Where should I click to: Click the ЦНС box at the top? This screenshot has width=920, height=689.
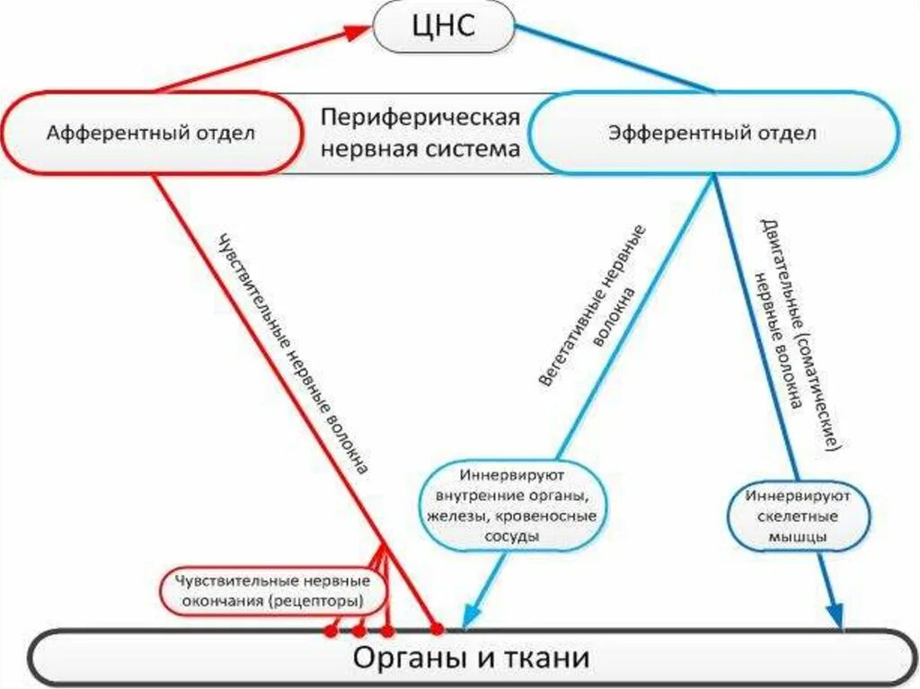(443, 28)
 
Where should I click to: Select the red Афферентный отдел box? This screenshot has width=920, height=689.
(151, 133)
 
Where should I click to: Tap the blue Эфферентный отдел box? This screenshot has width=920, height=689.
(712, 133)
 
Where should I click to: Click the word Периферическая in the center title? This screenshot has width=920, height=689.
(420, 119)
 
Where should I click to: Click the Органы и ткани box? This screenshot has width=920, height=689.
(471, 658)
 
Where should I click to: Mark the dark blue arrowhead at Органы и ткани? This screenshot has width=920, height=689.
(836, 618)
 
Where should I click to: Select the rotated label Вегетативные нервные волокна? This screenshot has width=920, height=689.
(593, 305)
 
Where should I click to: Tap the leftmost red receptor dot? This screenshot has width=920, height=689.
(331, 631)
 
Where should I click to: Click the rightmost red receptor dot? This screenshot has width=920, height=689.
(438, 628)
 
